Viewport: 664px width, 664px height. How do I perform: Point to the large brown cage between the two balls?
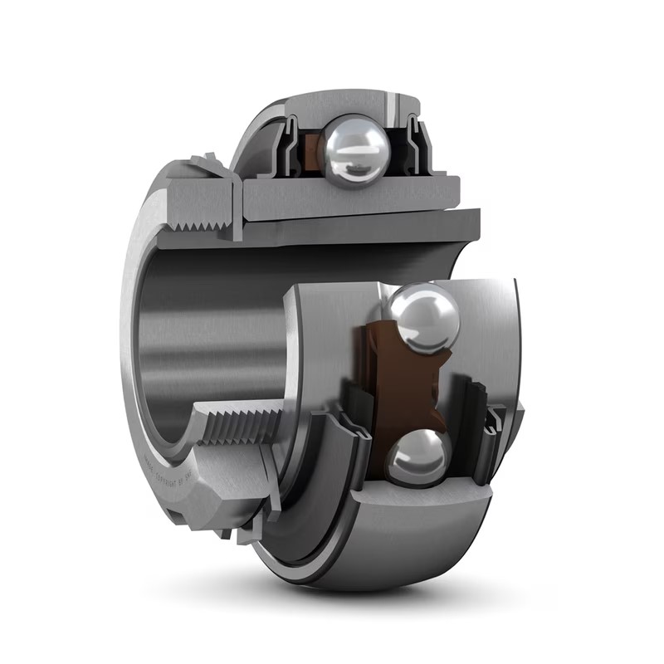coord(403,382)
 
